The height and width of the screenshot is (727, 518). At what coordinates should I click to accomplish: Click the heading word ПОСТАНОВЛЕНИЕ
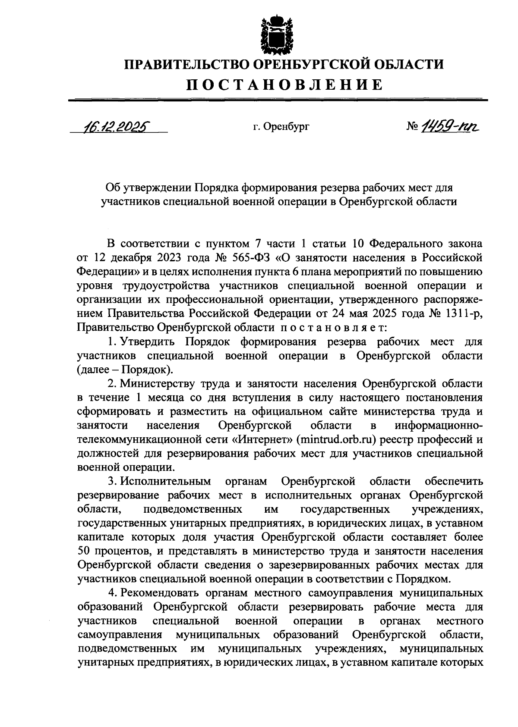pyautogui.click(x=284, y=84)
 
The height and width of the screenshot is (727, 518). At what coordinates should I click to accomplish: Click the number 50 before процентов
pyautogui.click(x=84, y=552)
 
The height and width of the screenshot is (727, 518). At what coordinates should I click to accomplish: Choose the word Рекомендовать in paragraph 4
pyautogui.click(x=159, y=594)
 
